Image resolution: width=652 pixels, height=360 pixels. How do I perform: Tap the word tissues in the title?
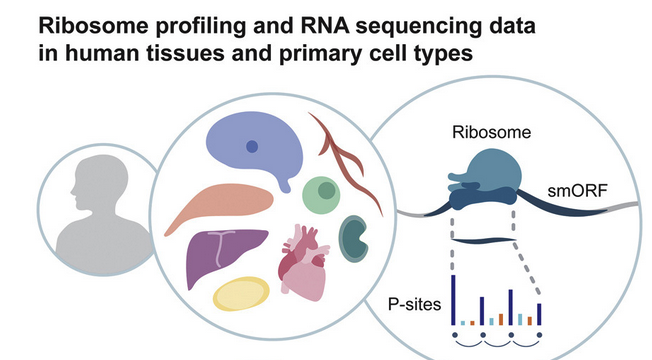tap(206, 53)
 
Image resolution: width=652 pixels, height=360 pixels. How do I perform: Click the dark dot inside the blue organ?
tap(252, 146)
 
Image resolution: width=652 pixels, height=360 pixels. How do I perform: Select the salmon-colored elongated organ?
tap(215, 205)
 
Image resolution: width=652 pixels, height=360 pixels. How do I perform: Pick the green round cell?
tap(322, 193)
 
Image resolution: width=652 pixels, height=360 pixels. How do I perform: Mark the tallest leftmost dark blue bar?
tap(453, 300)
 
